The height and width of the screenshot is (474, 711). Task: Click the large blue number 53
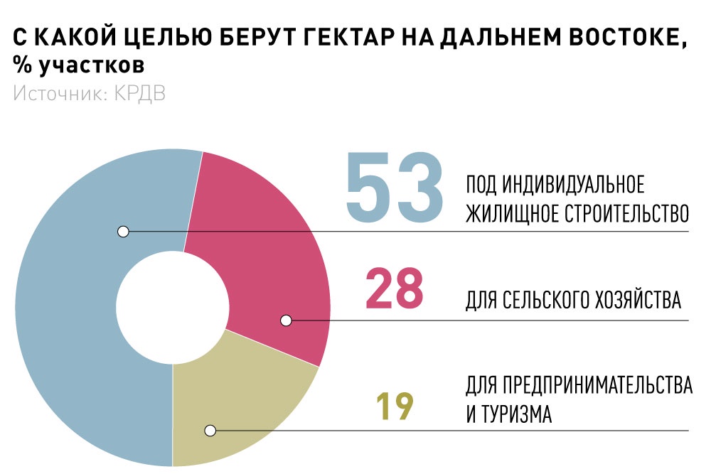tap(394, 187)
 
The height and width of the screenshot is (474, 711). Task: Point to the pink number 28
tap(394, 289)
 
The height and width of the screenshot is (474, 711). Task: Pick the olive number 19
tap(395, 406)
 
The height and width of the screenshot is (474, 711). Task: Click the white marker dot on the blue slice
tap(123, 232)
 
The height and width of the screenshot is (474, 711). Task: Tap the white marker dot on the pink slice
tap(286, 321)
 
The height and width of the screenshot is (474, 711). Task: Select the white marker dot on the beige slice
tap(210, 431)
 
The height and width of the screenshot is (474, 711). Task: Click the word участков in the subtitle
tap(91, 65)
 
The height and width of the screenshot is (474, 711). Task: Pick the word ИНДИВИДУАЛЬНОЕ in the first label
tap(573, 185)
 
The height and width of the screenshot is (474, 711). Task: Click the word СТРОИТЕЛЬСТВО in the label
tap(626, 213)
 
